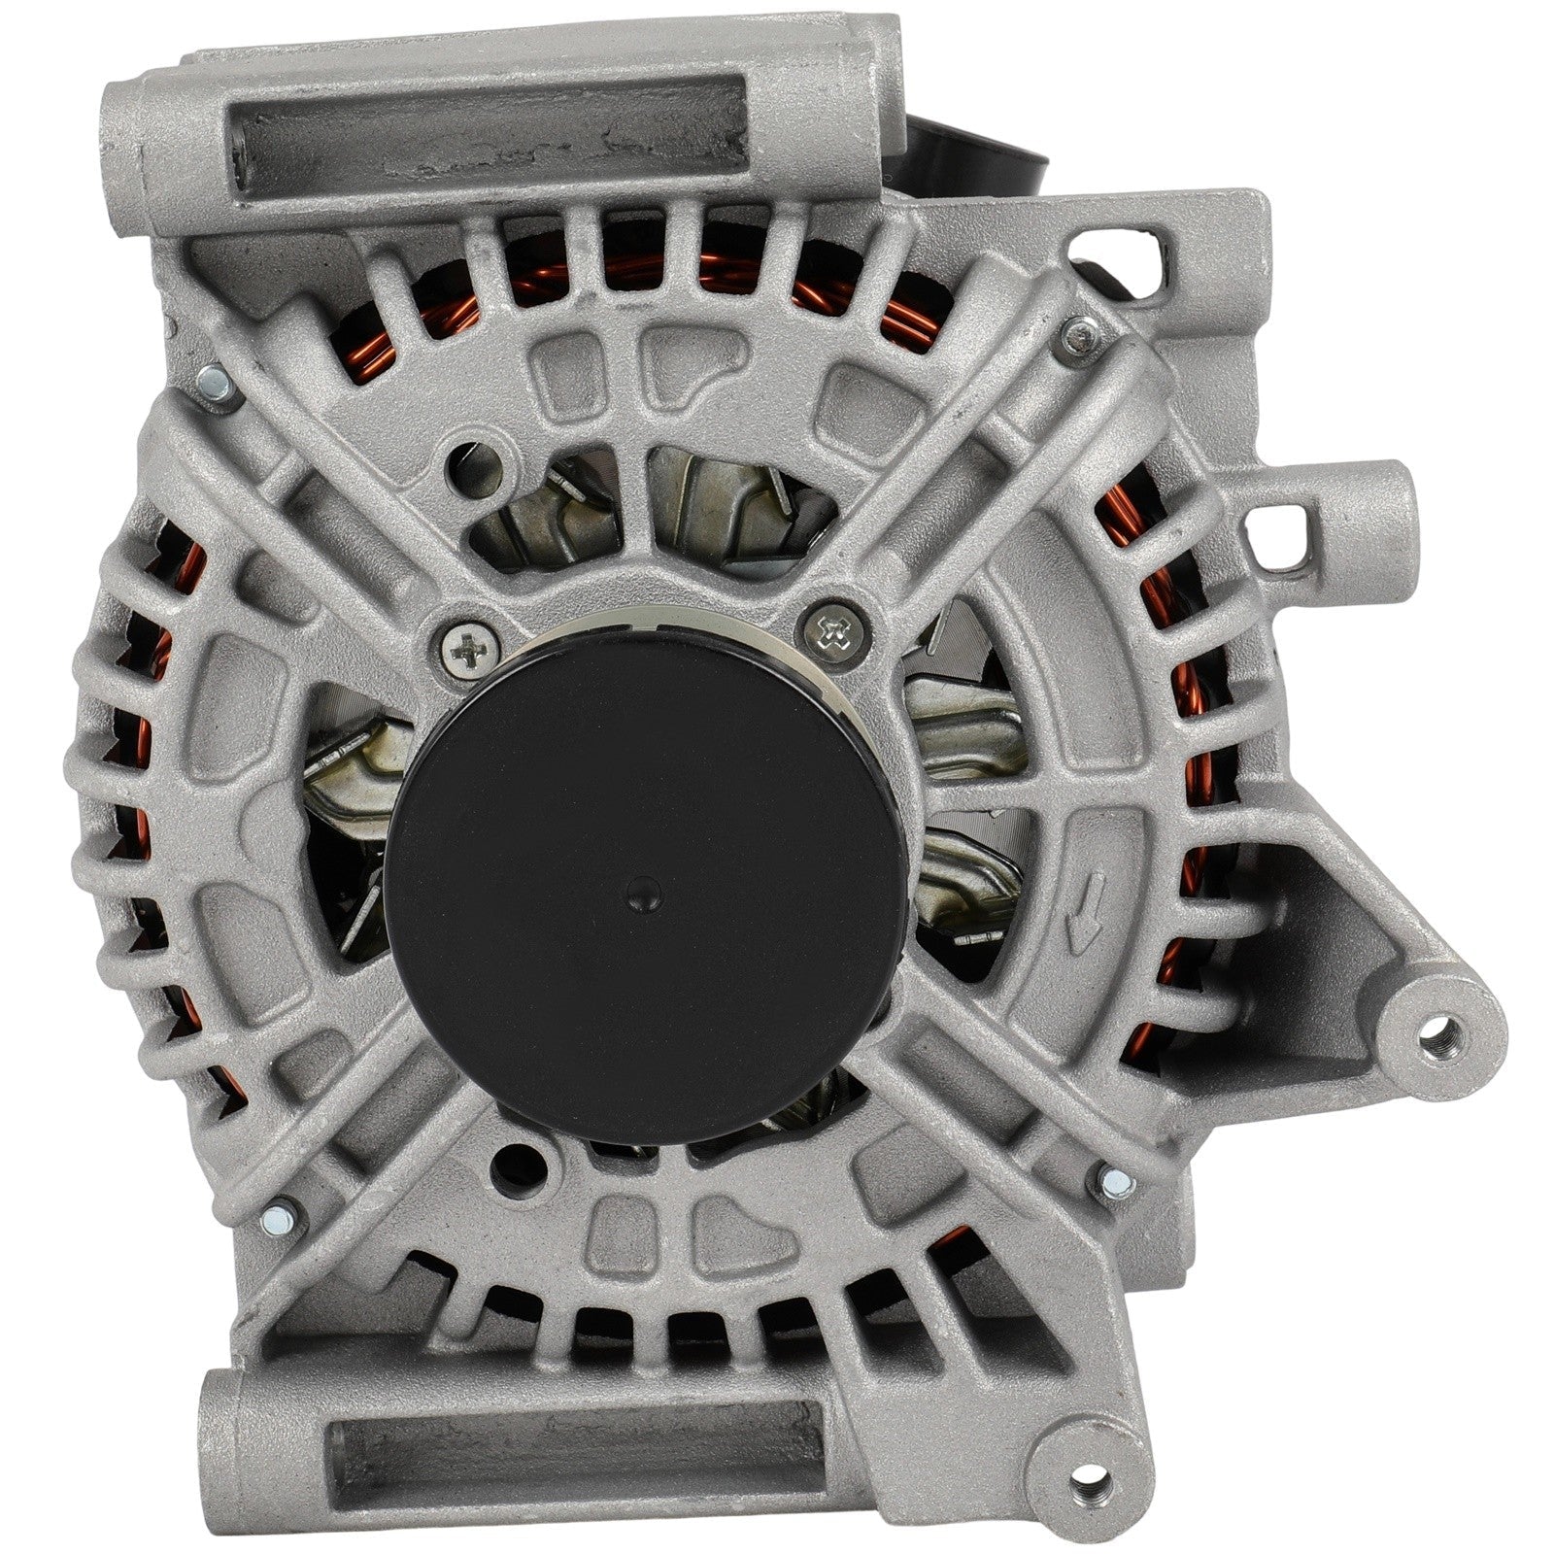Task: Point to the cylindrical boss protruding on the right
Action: [1360, 495]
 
